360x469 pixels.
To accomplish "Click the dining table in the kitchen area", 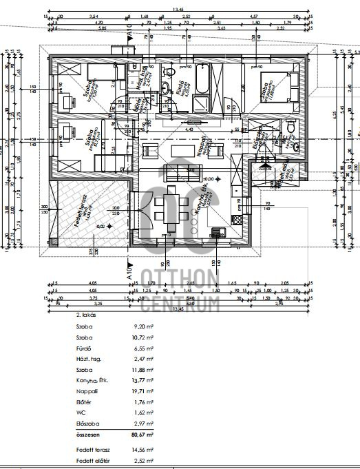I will click(169, 207).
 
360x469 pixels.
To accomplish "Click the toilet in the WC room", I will click(291, 129).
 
